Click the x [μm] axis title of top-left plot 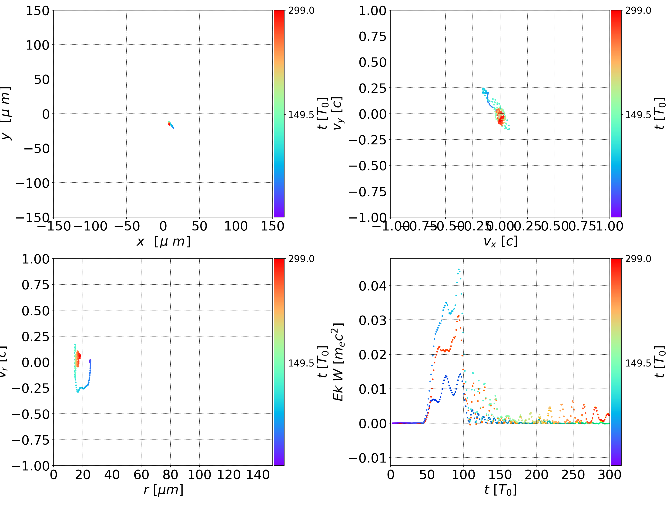coord(163,242)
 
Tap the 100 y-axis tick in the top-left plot coord(37,45)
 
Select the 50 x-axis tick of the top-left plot coord(199,226)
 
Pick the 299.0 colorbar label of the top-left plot coord(301,11)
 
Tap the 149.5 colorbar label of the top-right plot coord(638,115)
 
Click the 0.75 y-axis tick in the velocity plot coord(372,37)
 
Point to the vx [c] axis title coord(500,242)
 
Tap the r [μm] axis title coord(163,490)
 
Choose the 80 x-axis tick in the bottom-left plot coord(170,475)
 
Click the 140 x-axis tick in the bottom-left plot coord(258,475)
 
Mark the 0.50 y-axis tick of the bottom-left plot coord(35,311)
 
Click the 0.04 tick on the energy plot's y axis coord(372,286)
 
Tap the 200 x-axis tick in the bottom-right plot coord(536,475)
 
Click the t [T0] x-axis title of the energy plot coord(500,490)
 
